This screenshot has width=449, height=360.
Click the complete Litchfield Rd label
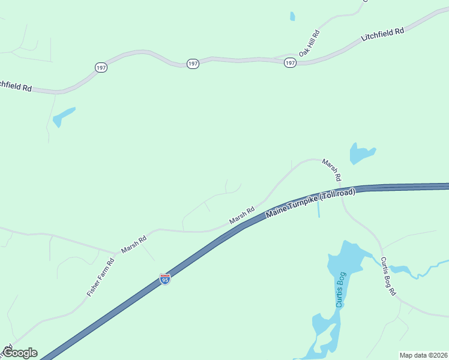[x=382, y=34]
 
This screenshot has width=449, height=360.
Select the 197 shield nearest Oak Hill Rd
[x=290, y=63]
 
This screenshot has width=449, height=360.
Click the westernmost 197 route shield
[x=101, y=68]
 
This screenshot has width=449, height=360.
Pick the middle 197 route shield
[x=193, y=64]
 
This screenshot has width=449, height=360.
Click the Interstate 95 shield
[x=165, y=279]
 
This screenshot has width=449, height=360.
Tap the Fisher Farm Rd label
[x=100, y=277]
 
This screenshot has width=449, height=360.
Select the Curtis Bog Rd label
[x=388, y=275]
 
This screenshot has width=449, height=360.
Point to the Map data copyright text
[x=423, y=355]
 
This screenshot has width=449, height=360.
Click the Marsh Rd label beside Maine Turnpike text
[x=242, y=217]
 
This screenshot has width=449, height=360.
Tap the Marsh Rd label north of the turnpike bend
[x=331, y=170]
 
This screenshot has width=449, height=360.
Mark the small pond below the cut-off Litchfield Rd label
[x=63, y=117]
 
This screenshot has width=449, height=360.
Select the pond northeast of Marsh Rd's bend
[x=361, y=154]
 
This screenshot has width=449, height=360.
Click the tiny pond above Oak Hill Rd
[x=292, y=16]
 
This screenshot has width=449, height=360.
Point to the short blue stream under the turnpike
[x=318, y=208]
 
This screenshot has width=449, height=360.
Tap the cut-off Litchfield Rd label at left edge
[x=16, y=86]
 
